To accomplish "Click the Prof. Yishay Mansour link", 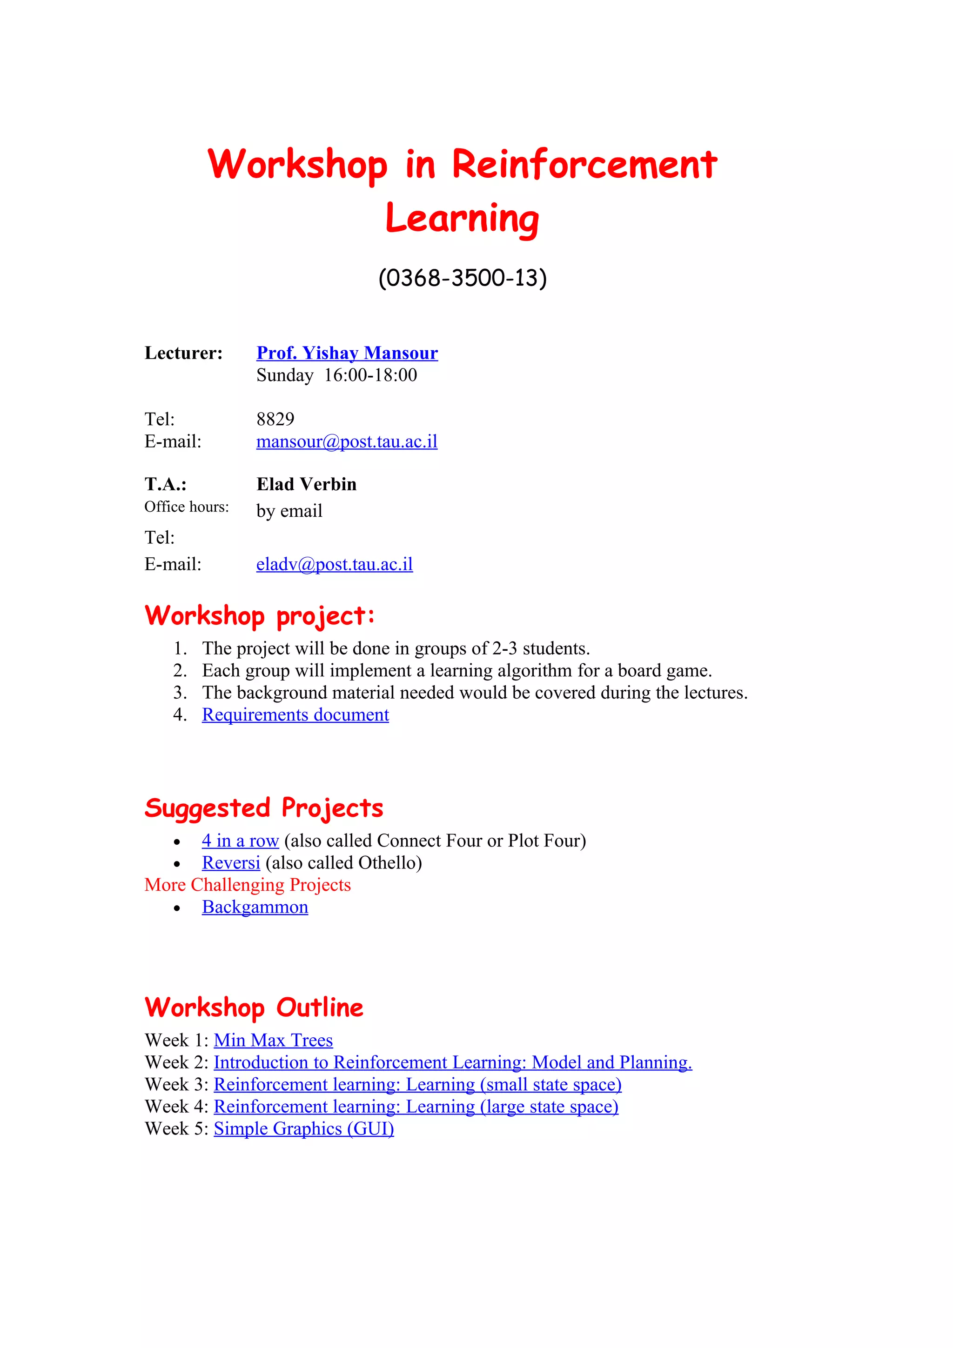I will pos(347,353).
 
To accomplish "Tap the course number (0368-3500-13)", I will pos(462,278).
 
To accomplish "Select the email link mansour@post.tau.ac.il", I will pos(346,441).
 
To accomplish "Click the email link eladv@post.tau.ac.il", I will pos(334,564).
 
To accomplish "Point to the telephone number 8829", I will pos(275,419).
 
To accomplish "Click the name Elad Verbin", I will pos(306,484).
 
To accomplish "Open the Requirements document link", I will pos(295,715).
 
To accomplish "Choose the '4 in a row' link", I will pos(240,841).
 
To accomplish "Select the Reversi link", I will pos(231,863).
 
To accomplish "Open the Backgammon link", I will pos(255,907).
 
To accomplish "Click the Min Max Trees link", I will pos(273,1041).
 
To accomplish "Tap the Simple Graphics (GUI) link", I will pos(303,1129).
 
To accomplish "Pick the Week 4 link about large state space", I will pos(416,1107).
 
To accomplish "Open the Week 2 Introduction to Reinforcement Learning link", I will pos(452,1063).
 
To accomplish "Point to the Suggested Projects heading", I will pos(264,808).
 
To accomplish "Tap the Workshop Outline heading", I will pos(254,1008).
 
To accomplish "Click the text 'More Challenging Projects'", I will pos(247,885).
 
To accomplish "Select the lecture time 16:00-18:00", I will pos(370,375).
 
